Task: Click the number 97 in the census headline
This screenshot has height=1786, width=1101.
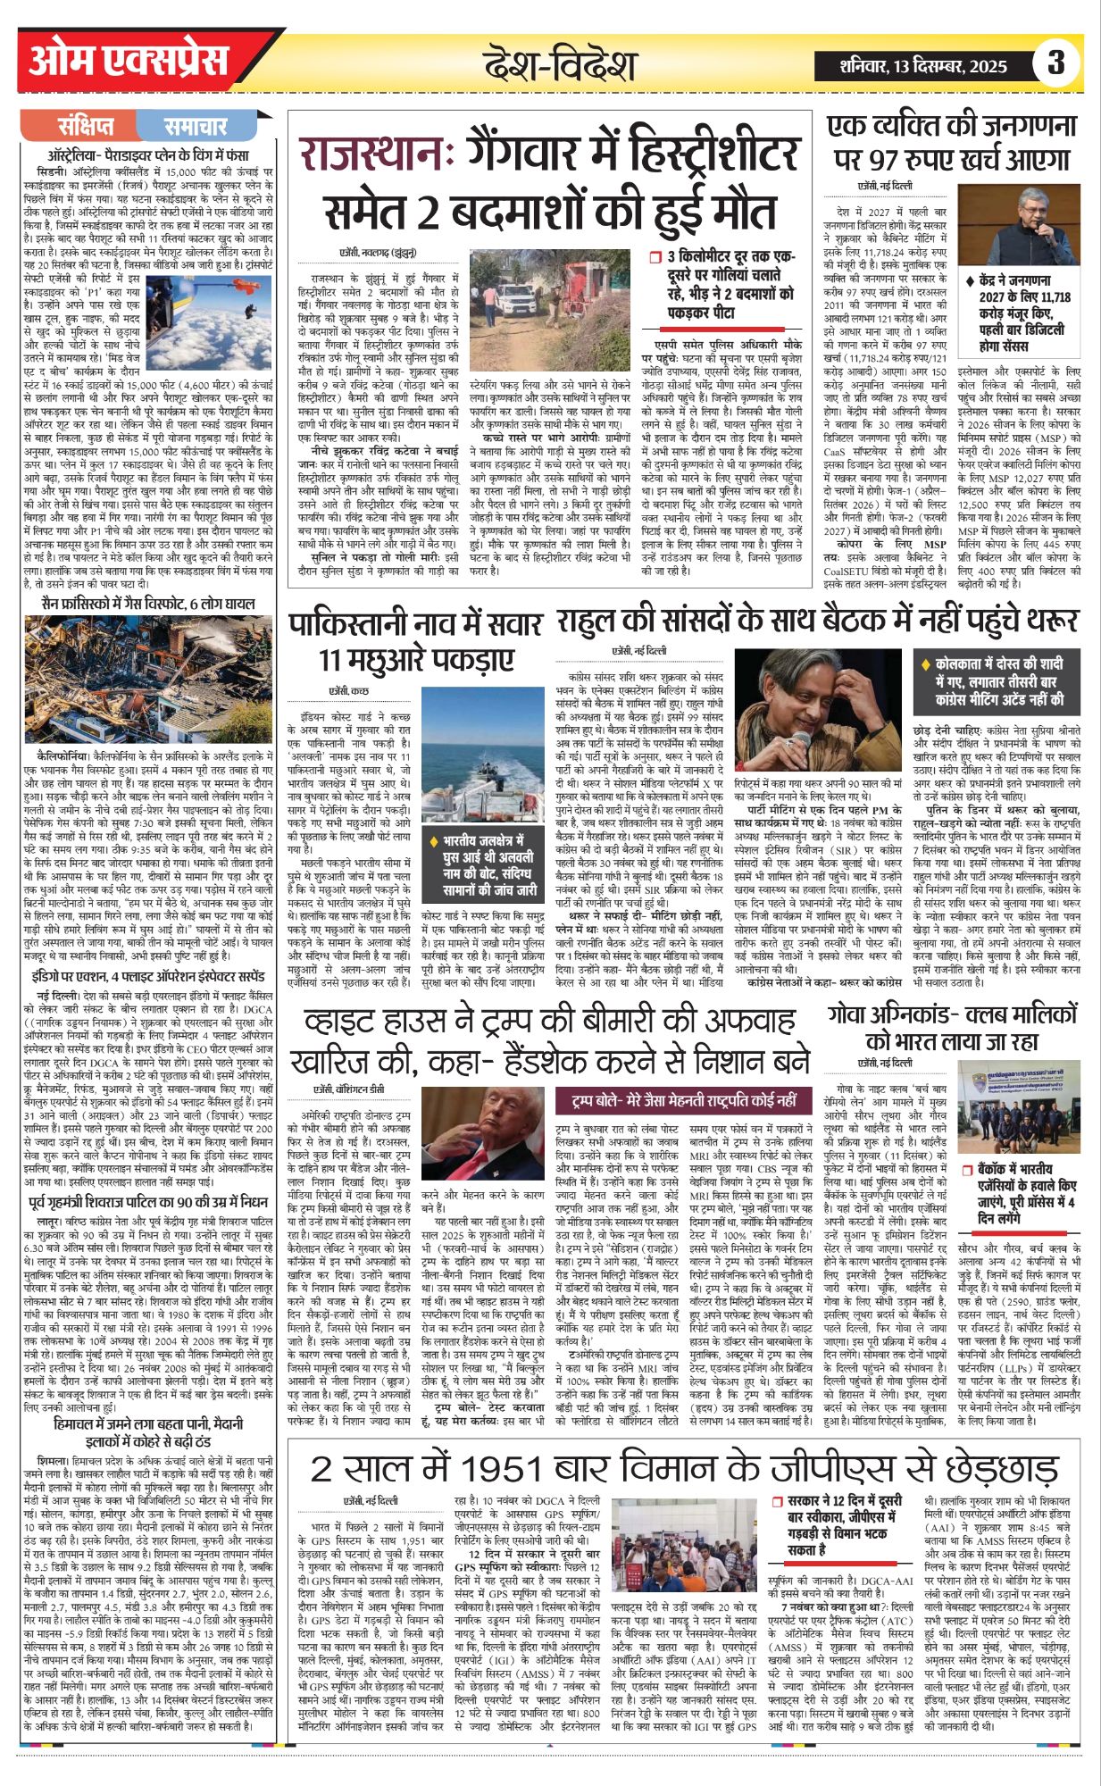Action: click(x=876, y=162)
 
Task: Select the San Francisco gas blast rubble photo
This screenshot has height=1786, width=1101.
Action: click(x=148, y=678)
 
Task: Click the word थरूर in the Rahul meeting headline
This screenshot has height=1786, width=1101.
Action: click(x=1045, y=620)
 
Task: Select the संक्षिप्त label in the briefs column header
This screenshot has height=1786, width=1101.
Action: click(x=86, y=125)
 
